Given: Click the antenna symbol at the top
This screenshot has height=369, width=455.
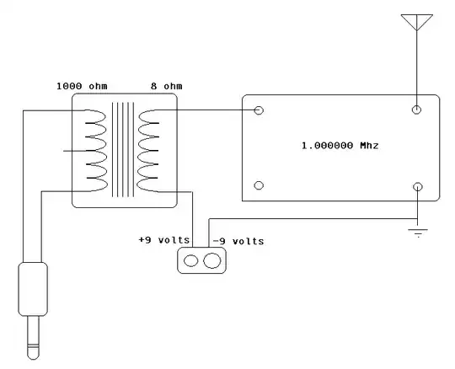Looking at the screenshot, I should pos(416,20).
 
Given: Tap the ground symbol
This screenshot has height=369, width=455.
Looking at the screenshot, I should pos(417,231).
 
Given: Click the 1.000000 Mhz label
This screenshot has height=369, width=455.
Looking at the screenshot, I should pos(340,146).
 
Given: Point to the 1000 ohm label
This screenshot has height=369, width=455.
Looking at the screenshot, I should pos(83,86).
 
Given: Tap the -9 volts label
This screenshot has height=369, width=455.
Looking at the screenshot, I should pos(238,241).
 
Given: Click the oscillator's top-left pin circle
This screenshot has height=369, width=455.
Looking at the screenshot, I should pos(260,110).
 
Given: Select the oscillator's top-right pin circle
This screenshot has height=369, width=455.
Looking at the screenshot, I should pos(416,110).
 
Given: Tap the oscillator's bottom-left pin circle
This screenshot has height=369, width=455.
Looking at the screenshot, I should pos(260,185).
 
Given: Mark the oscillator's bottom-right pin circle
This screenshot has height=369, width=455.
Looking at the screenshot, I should pos(416,185).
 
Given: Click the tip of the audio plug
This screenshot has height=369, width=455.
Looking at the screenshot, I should pos(31,349).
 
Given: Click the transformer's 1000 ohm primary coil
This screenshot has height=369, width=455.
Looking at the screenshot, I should pos(94,150).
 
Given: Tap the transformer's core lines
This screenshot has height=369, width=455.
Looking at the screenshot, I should pos(123,150).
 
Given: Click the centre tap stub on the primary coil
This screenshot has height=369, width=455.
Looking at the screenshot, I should pos(73,152).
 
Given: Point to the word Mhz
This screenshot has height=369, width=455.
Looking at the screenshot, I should pos(368,146).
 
